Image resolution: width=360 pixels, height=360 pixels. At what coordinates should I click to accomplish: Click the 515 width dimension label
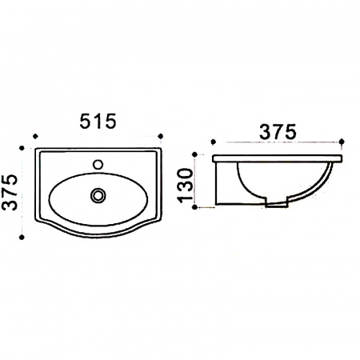pos(98,122)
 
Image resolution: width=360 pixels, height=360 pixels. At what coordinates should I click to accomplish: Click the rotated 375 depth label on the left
pos(10,192)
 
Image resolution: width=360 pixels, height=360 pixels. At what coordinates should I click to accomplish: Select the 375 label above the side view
pos(278,132)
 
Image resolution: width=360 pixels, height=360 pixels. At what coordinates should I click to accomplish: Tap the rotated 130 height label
pos(186,186)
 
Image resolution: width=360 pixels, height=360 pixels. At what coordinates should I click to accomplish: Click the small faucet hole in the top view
pos(98,164)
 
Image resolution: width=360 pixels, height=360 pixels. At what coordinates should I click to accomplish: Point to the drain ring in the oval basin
pos(98,195)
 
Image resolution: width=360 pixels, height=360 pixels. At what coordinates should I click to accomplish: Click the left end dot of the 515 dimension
pos(35,136)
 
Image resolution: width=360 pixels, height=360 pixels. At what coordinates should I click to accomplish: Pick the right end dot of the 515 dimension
pos(160,136)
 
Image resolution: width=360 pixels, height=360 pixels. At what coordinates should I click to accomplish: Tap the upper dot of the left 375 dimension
pos(22,148)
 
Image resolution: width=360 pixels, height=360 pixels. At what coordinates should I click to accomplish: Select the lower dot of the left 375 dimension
pos(22,237)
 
